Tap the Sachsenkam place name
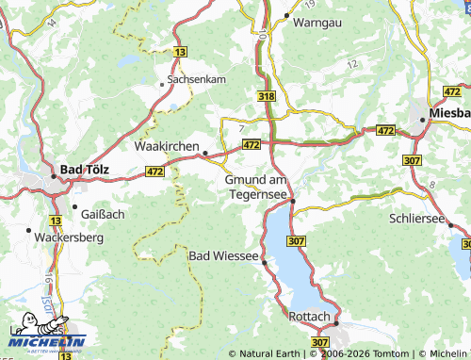click(196, 80)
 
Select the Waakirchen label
click(167, 147)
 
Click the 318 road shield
click(268, 96)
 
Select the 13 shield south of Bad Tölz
click(56, 221)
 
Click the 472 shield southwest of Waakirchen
click(155, 172)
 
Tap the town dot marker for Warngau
click(286, 16)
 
